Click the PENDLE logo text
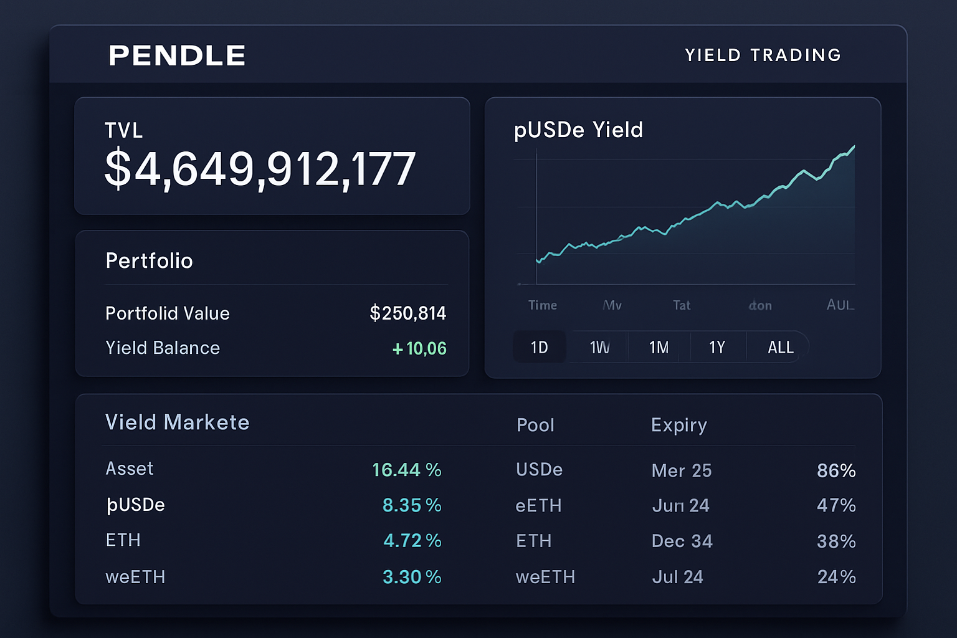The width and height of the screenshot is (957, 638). point(177,55)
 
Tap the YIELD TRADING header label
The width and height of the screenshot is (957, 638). point(763,55)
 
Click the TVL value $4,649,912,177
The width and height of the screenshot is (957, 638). point(260,169)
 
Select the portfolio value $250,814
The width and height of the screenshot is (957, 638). point(407,313)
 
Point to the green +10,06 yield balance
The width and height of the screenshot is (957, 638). point(419,348)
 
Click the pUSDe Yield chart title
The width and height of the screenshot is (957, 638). point(578,130)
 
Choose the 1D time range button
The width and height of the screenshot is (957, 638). point(540,347)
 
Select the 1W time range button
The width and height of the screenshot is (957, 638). point(599,347)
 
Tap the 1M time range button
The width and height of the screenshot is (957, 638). point(659,347)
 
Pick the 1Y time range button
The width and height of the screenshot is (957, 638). point(717,347)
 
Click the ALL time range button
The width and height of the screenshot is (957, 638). point(780,347)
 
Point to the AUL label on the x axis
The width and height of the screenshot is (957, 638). point(840,305)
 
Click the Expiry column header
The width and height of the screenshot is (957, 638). point(678,425)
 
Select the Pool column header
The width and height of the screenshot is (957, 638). point(535,425)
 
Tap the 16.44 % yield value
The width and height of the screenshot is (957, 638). point(406,470)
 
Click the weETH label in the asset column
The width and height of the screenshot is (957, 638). point(135,577)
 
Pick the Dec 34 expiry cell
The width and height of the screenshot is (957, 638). point(682,541)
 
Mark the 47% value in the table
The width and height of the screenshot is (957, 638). point(836,505)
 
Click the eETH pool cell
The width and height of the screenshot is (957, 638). point(538,505)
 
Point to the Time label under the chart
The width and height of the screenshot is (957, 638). point(543,305)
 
